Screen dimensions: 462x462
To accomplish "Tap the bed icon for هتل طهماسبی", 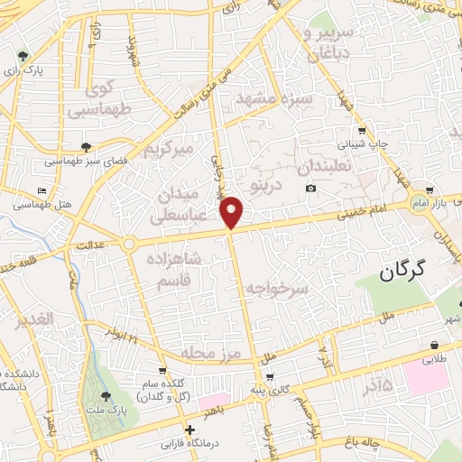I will point(42,190).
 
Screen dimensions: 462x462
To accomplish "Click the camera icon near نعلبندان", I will point(310,188).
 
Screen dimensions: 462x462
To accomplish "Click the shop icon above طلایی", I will point(434,345).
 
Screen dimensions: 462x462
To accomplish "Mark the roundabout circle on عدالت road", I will point(129,244).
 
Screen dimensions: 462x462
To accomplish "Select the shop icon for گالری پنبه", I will point(271,376).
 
